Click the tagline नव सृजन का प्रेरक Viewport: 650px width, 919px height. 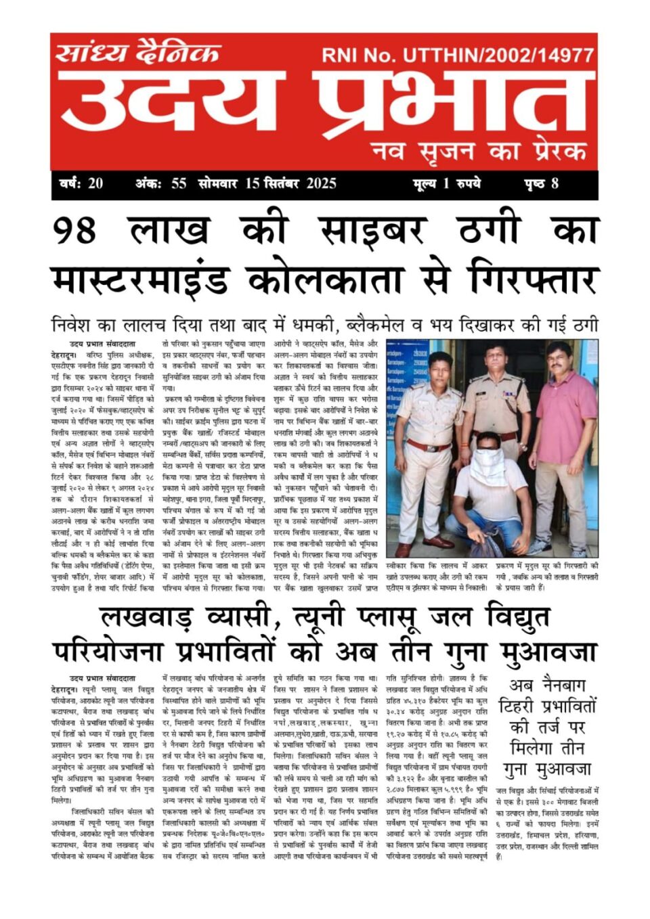(478, 150)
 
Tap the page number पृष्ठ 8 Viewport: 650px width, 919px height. (541, 183)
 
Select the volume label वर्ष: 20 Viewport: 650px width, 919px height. (81, 183)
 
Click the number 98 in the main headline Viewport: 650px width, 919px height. (75, 230)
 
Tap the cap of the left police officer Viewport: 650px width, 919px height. (440, 359)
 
